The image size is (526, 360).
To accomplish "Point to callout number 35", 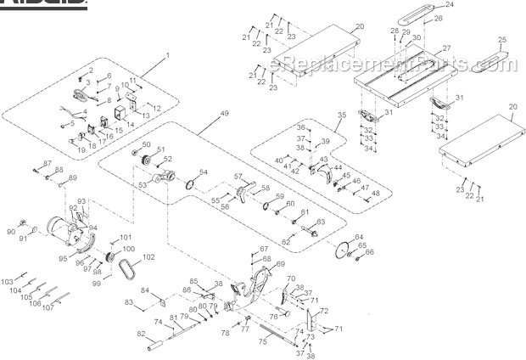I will (x=342, y=115).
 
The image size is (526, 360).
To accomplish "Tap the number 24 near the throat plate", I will (x=473, y=6).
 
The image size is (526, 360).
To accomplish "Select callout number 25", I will (x=502, y=40).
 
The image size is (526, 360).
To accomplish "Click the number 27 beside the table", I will (x=446, y=48).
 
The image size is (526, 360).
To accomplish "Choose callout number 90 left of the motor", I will (x=12, y=231).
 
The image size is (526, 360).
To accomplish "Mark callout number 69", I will (x=281, y=265).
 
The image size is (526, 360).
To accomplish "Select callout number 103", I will (x=7, y=281).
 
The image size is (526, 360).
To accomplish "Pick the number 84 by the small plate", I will (x=145, y=290).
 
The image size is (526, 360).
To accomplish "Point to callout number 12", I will (x=156, y=108).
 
